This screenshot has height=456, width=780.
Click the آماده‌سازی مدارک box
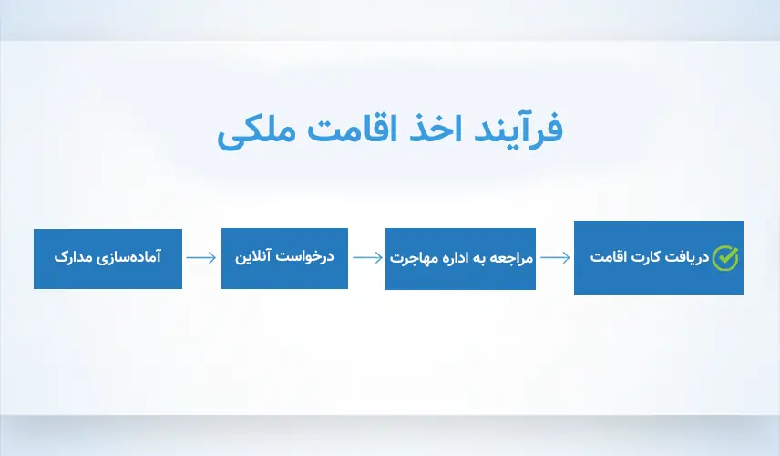pos(108,258)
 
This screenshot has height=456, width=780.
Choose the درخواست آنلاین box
pos(284,258)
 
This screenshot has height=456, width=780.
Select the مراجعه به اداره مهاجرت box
pos(460,258)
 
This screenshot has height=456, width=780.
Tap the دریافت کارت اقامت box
pos(658,257)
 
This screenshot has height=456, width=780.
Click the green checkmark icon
pos(725,258)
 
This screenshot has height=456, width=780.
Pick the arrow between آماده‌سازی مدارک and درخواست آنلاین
pos(201,258)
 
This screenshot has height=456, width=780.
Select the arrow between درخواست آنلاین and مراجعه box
pos(366,258)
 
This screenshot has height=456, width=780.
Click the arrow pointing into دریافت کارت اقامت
pos(554,258)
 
